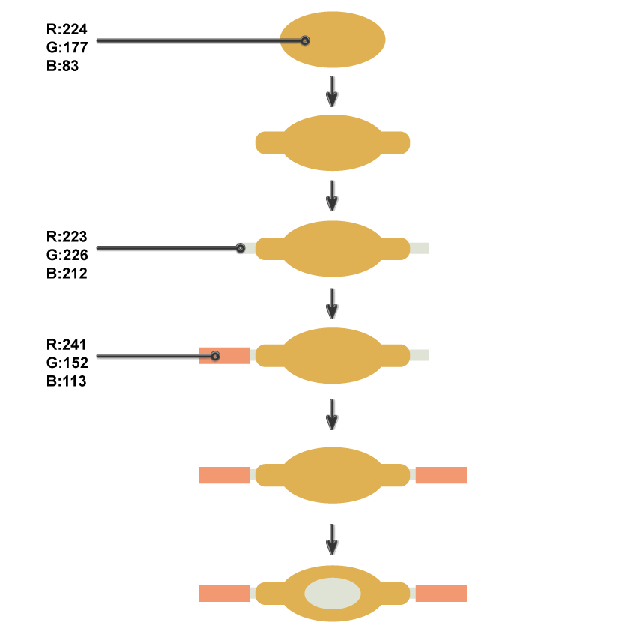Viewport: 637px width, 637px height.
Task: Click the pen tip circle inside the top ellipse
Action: point(305,40)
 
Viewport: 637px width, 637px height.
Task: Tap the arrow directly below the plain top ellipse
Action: point(333,91)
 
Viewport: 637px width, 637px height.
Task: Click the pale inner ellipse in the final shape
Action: point(333,594)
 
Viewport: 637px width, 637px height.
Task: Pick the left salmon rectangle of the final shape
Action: point(224,594)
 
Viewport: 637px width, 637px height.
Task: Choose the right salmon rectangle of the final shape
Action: point(441,594)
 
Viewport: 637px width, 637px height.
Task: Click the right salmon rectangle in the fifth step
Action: point(441,475)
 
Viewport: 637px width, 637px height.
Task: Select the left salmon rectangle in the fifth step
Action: point(224,475)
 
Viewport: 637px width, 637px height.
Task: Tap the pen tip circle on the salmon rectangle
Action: point(215,356)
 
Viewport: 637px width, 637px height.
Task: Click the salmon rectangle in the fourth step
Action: point(232,355)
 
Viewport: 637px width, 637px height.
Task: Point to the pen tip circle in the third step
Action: point(241,248)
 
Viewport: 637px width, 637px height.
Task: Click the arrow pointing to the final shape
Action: point(333,540)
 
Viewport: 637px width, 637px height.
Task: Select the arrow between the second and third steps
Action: point(333,196)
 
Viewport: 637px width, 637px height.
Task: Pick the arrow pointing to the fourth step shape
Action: point(333,304)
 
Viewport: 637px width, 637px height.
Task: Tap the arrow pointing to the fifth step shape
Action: point(333,414)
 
